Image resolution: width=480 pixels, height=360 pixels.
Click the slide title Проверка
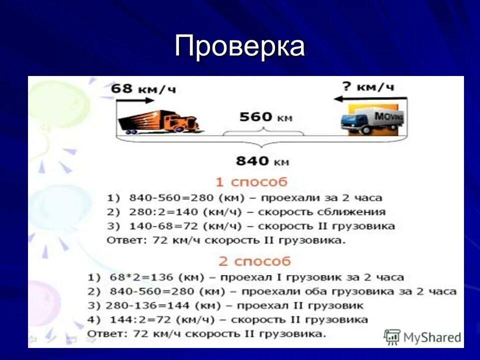click(239, 46)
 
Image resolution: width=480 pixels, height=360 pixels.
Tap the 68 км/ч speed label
click(143, 89)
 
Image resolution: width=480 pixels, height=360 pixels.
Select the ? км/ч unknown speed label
click(368, 86)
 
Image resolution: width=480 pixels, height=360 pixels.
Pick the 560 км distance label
click(265, 117)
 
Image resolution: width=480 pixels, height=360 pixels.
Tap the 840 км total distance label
click(262, 161)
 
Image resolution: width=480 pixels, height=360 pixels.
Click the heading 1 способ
click(251, 181)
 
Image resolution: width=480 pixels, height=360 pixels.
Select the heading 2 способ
click(254, 261)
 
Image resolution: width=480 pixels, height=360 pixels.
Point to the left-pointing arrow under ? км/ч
click(369, 98)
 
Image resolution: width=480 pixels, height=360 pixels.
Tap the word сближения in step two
click(355, 211)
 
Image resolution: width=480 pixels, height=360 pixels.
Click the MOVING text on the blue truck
click(388, 116)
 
